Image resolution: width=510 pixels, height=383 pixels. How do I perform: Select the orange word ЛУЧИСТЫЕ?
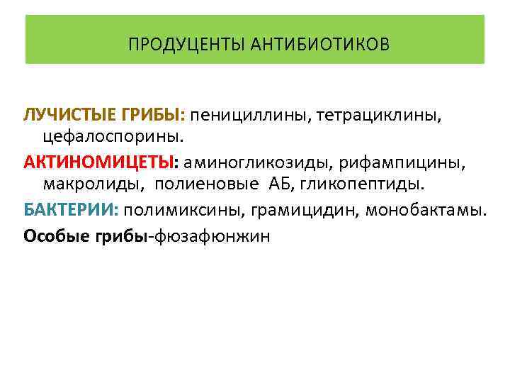coord(66,114)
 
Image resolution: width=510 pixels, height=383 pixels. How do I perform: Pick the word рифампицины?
coord(402,163)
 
